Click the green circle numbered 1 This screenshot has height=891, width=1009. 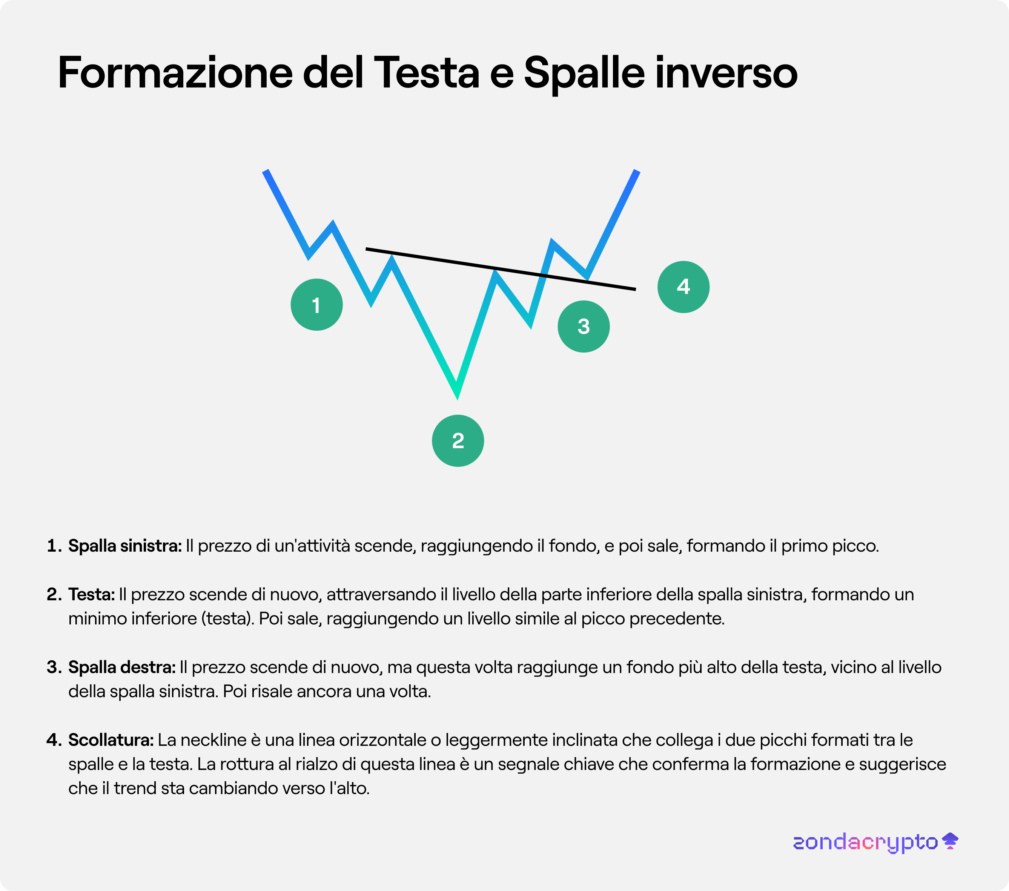click(x=316, y=304)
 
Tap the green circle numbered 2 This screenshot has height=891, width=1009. click(x=458, y=440)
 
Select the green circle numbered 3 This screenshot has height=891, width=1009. click(x=584, y=327)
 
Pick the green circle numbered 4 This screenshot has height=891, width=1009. click(x=683, y=287)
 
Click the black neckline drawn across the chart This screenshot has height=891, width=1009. click(x=501, y=269)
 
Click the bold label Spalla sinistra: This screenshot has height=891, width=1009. click(x=125, y=546)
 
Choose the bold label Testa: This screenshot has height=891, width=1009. click(x=91, y=594)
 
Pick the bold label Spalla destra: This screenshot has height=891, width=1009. click(x=122, y=667)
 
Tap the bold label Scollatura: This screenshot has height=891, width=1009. click(x=111, y=739)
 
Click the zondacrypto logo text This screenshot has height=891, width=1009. click(x=865, y=842)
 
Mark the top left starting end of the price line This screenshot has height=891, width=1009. click(x=266, y=171)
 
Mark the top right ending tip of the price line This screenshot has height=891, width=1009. click(x=637, y=171)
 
